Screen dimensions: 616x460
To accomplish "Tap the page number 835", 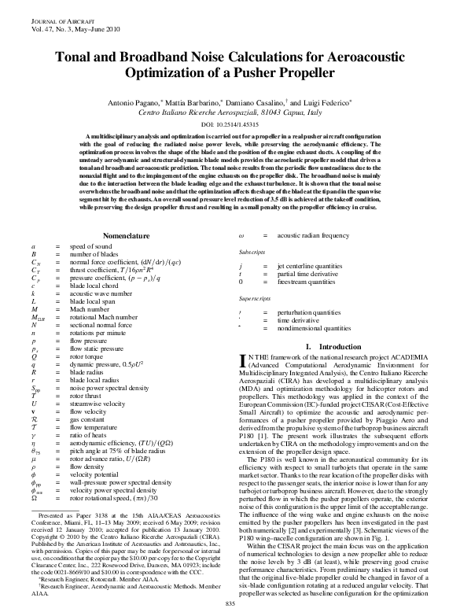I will click(x=230, y=603).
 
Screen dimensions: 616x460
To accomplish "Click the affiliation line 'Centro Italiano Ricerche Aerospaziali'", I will click(x=230, y=113).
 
